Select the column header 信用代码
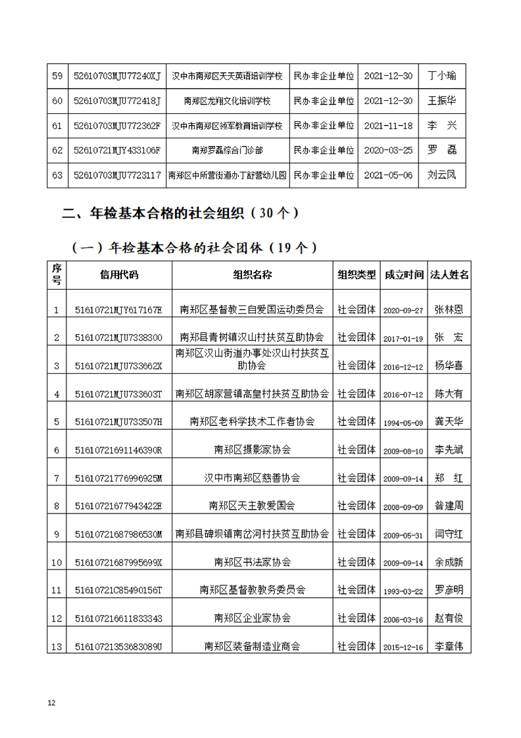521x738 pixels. (119, 275)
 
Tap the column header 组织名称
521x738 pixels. (252, 275)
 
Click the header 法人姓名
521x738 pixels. (449, 275)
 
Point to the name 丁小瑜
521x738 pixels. (442, 76)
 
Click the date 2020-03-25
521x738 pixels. (388, 150)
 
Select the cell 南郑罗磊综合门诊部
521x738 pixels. (227, 150)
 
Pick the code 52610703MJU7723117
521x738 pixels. (118, 175)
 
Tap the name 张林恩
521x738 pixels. (449, 309)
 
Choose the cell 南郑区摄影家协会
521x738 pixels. (252, 450)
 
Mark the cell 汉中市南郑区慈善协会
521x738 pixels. (252, 478)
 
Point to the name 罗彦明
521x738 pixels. (449, 590)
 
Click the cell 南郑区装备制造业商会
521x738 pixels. (252, 646)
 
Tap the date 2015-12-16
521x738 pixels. (403, 647)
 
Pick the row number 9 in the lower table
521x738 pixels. (57, 534)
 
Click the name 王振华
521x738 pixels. (442, 101)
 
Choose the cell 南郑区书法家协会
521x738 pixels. (252, 562)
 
